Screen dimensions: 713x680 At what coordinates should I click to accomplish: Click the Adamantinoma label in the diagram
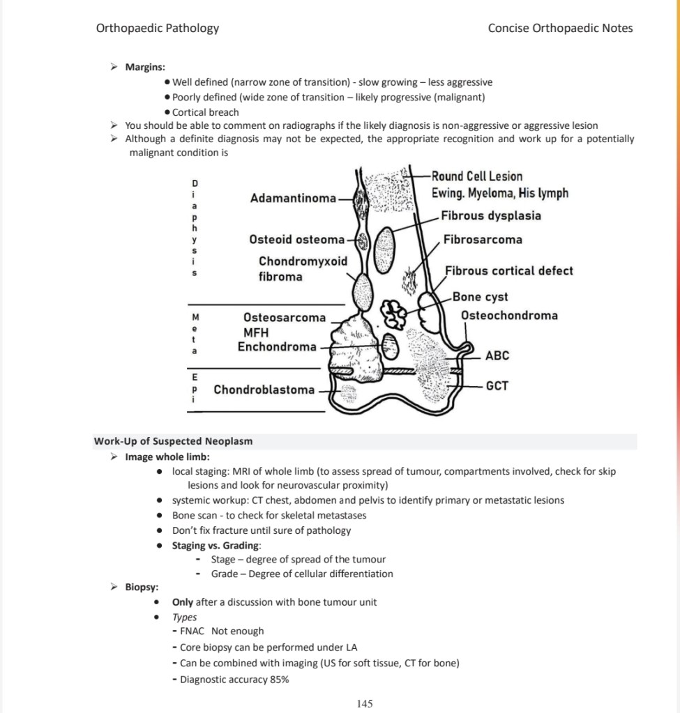coord(293,199)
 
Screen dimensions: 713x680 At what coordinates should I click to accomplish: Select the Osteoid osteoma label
coord(297,240)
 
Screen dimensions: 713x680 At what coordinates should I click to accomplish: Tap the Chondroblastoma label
coord(264,390)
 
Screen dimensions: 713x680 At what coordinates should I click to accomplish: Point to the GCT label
coord(497,385)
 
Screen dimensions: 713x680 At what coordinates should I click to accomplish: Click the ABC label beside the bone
coord(497,355)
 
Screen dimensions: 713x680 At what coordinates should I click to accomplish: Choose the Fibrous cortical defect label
coord(509,270)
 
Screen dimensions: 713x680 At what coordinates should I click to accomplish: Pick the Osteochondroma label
coord(509,316)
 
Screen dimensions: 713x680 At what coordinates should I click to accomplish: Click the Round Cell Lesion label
coord(476,176)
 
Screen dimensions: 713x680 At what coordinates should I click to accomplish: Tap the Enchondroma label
coord(276,346)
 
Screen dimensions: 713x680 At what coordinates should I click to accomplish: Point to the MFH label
coord(256,332)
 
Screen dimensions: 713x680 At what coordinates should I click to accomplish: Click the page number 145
coord(364,704)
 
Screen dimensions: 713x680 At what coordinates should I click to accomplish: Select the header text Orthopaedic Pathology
coord(157,29)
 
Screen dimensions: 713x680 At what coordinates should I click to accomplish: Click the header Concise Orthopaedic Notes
coord(560,29)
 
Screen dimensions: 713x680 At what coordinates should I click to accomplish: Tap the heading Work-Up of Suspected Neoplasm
coord(173,441)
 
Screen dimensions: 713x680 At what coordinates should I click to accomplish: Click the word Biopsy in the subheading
coord(141,587)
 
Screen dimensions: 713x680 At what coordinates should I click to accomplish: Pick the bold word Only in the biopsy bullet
coord(183,602)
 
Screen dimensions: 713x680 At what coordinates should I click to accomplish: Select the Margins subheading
coord(144,67)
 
